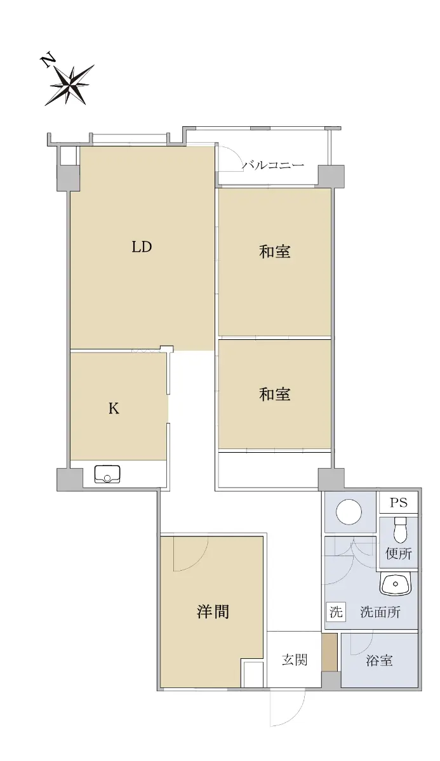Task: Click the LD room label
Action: (142, 247)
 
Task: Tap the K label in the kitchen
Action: (114, 408)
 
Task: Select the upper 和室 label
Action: (275, 252)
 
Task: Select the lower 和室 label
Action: (275, 394)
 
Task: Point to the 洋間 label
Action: (213, 611)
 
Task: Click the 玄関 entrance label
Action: (295, 660)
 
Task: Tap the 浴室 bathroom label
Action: (379, 660)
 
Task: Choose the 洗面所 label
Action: (380, 611)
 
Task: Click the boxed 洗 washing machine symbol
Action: (336, 612)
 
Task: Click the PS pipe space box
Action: (399, 502)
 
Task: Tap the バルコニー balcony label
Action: (273, 166)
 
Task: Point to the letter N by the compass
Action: (48, 60)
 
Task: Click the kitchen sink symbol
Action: (107, 474)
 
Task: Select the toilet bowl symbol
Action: (401, 530)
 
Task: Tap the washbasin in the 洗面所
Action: (396, 583)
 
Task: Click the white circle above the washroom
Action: (349, 511)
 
